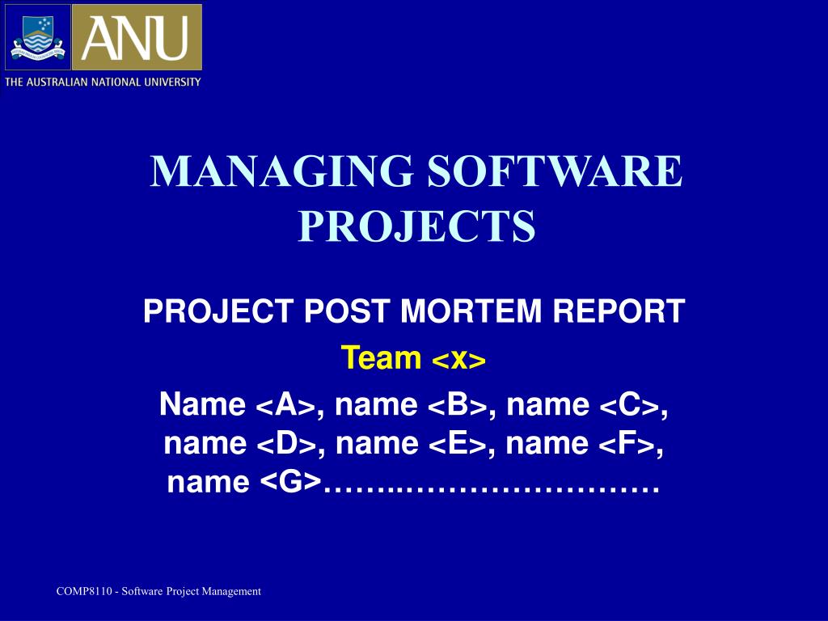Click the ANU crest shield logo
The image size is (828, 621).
coord(37,37)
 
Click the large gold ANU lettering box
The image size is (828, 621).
coord(137,37)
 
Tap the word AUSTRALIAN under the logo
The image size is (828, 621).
coord(57,82)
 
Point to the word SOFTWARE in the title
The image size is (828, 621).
coord(555,171)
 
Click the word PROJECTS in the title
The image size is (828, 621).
coord(416,226)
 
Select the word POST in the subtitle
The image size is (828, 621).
coord(347,310)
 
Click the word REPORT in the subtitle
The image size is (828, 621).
coord(619,310)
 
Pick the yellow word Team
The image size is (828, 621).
coord(382,357)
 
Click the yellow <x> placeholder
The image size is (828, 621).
coord(458,360)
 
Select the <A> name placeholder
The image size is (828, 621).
coord(286,405)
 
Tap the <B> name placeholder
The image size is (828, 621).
coord(458,405)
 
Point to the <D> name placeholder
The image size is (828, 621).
coord(287,444)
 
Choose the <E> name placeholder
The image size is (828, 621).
coord(458,444)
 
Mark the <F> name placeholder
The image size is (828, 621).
coord(627,444)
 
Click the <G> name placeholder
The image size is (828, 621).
coord(291,482)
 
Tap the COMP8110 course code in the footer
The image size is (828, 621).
coord(84,591)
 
